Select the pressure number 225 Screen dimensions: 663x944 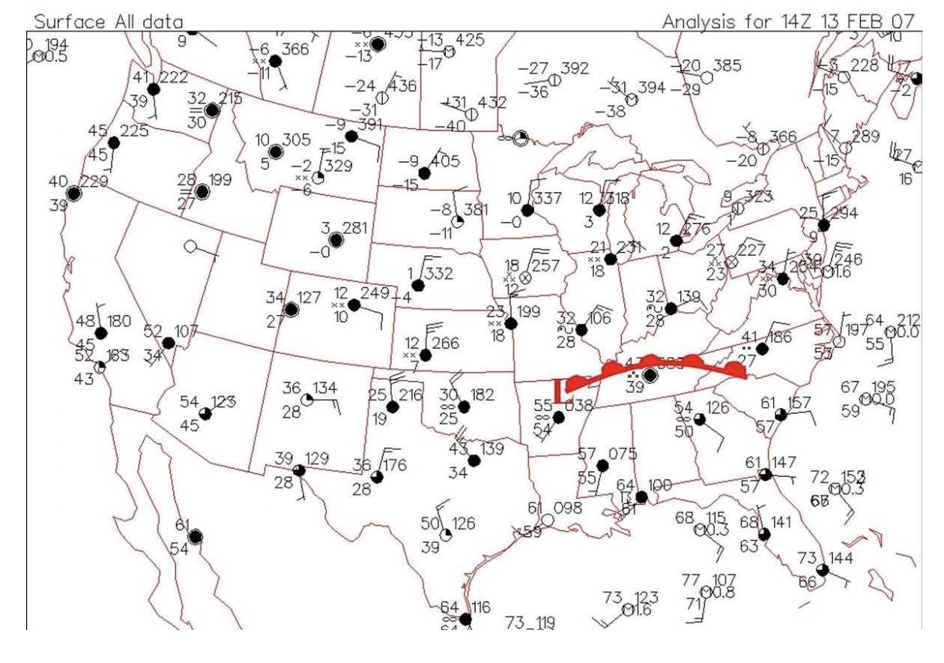[133, 130]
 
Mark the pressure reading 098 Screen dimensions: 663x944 [568, 508]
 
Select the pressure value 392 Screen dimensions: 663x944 [575, 69]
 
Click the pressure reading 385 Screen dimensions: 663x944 [726, 66]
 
